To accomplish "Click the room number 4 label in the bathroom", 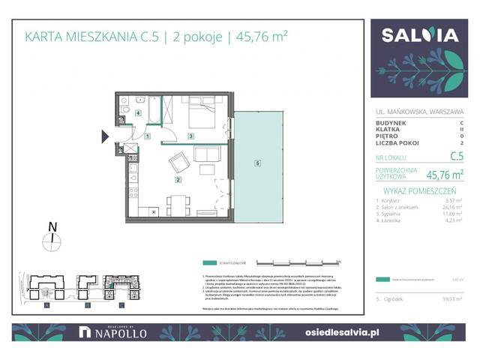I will [138, 114].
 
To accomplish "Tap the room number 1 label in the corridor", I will [148, 136].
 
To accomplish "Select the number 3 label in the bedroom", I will [191, 136].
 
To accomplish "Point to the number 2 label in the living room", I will [178, 179].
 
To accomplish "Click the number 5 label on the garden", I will [257, 163].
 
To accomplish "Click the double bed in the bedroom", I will [202, 115].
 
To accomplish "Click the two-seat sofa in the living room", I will [208, 154].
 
